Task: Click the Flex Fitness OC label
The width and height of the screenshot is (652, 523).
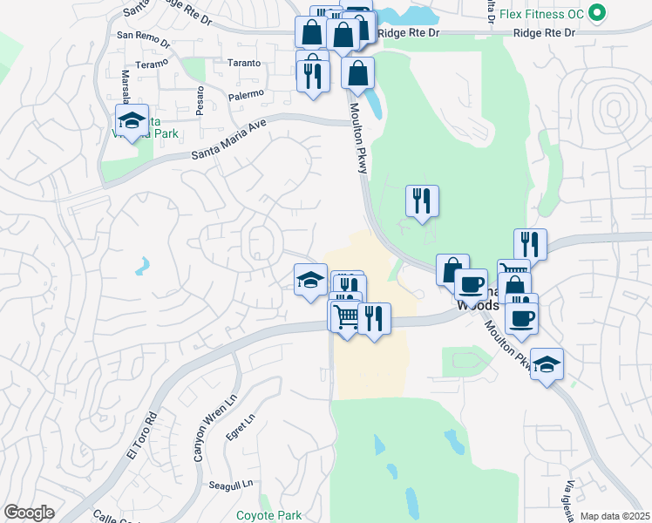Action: [x=546, y=13]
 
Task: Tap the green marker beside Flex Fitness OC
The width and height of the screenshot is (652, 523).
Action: [x=597, y=13]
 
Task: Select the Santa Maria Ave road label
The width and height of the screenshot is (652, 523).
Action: [x=228, y=140]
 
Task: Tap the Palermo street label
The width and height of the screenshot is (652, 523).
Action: [x=246, y=92]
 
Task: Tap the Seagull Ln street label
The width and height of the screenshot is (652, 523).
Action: [x=230, y=484]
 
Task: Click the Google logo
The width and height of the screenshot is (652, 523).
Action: [x=29, y=513]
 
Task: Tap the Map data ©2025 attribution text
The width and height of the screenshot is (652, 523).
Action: [x=615, y=516]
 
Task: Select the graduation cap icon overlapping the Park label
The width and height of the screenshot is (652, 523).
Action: [x=132, y=121]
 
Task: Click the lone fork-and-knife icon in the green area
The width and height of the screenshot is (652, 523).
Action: [x=422, y=201]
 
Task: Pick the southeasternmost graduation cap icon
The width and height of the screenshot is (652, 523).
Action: [x=547, y=363]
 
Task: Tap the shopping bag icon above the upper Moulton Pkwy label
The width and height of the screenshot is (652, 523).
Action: [x=358, y=73]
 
